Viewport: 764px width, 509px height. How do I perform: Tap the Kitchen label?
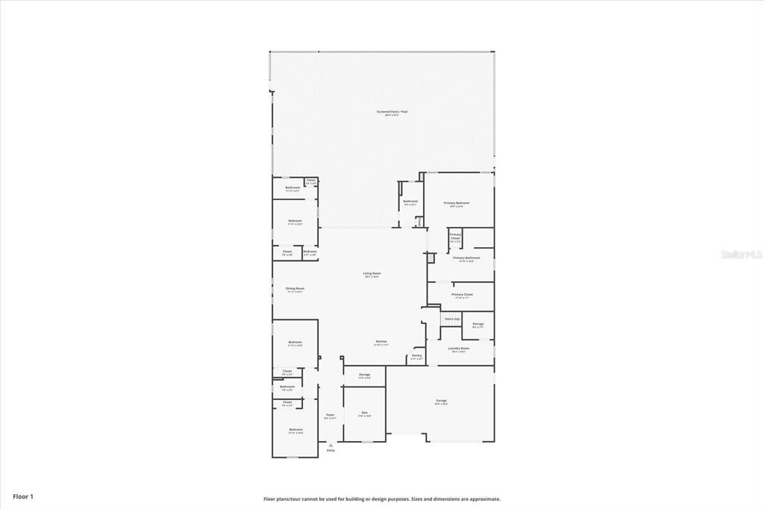(x=381, y=342)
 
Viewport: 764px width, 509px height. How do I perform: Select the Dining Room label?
(x=295, y=289)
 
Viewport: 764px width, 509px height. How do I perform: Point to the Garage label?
(x=441, y=401)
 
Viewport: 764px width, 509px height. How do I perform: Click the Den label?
(x=364, y=413)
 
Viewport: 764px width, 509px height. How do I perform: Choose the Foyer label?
(x=330, y=415)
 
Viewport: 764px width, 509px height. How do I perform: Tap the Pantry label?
(x=416, y=356)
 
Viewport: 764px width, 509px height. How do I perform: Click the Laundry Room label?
(x=458, y=349)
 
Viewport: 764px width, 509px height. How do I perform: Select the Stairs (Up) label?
(x=451, y=319)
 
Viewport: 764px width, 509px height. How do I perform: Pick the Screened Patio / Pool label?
(x=392, y=112)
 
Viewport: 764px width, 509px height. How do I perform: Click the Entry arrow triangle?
(x=331, y=445)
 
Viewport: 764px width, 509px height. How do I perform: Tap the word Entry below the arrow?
(x=331, y=451)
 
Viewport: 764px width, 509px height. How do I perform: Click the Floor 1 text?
(x=23, y=496)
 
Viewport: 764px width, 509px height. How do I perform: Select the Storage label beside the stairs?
(x=477, y=324)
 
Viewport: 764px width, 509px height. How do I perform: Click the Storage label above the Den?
(x=364, y=375)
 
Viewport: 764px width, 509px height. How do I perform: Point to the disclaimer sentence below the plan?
(x=381, y=499)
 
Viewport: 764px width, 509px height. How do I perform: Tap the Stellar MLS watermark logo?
(x=741, y=254)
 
